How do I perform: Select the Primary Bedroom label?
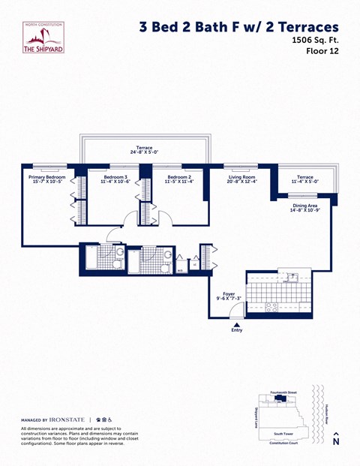(47, 177)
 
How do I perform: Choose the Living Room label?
(243, 177)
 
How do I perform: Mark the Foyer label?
(229, 294)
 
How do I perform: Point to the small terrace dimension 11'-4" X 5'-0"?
(304, 182)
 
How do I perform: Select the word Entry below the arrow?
(237, 330)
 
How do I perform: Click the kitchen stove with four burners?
(271, 305)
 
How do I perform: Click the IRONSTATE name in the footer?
(67, 419)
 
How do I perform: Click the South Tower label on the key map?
(283, 434)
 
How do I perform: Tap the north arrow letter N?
(335, 442)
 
